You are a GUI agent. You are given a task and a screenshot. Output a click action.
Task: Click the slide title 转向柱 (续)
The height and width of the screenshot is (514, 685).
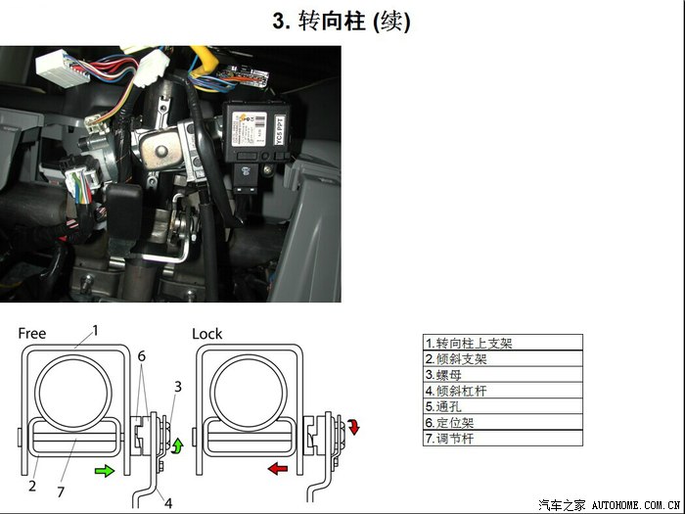(x=342, y=21)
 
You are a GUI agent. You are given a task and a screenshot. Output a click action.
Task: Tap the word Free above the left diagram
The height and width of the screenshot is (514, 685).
(x=32, y=334)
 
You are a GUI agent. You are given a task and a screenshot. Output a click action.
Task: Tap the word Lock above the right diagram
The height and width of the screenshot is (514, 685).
(x=207, y=334)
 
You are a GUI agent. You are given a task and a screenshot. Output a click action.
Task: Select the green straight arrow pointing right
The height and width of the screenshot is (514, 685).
(x=105, y=471)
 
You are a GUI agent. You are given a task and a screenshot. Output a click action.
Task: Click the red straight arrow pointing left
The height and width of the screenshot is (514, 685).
(x=277, y=469)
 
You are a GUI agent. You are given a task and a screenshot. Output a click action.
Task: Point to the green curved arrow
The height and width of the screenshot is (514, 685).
(x=178, y=445)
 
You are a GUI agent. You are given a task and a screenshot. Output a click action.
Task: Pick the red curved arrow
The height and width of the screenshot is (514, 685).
(x=353, y=426)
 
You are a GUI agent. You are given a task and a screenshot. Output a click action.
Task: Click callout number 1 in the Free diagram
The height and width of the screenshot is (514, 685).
(x=95, y=331)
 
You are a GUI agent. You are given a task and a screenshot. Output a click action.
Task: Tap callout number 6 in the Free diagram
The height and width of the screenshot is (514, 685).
(x=141, y=356)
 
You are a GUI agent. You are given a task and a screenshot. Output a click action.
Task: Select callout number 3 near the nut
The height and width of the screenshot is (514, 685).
(x=178, y=387)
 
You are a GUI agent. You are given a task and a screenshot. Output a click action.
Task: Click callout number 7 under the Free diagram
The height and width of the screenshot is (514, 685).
(x=61, y=492)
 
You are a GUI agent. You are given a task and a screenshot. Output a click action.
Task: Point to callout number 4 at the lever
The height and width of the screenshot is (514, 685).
(x=168, y=503)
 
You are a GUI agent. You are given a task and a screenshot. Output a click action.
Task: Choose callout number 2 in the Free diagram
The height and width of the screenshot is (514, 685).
(x=32, y=486)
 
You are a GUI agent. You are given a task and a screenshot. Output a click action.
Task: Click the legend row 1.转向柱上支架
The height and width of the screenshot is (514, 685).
(x=502, y=343)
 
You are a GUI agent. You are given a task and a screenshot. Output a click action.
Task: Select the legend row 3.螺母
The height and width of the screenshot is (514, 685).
(x=502, y=375)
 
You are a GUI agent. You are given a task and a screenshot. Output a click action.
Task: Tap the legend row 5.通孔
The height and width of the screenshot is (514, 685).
(x=502, y=406)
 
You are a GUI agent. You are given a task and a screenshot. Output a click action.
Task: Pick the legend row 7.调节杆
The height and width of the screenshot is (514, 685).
(x=502, y=438)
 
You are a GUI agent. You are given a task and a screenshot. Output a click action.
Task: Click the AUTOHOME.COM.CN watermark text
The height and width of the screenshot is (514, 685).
(x=636, y=505)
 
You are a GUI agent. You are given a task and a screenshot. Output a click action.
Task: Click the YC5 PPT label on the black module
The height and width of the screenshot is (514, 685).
(x=280, y=130)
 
